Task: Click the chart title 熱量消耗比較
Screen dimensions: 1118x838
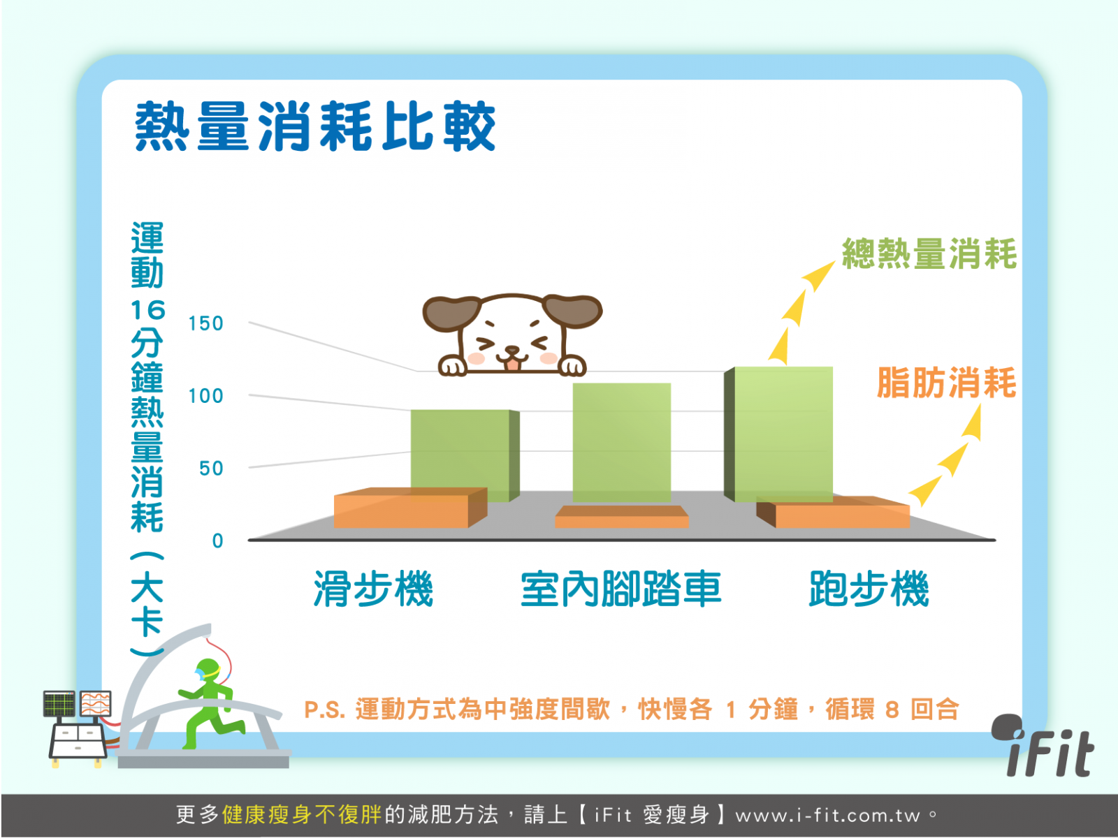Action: (314, 126)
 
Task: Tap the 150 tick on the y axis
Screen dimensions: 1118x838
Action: (205, 323)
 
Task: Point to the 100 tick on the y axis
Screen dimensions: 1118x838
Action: (205, 396)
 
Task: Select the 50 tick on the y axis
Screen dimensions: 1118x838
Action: (212, 468)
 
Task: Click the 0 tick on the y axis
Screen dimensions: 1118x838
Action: (217, 541)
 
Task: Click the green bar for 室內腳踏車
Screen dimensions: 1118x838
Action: (621, 443)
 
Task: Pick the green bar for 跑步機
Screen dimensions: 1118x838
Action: (778, 434)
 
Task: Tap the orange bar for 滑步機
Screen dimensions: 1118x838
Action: (411, 508)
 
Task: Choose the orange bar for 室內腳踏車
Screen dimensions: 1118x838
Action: (621, 517)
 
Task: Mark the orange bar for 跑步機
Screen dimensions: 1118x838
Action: (833, 513)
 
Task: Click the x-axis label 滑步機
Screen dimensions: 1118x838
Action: (373, 589)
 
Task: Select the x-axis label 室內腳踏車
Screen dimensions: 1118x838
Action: (621, 589)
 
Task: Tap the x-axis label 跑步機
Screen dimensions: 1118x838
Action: (869, 589)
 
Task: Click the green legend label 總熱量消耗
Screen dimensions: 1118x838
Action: (929, 253)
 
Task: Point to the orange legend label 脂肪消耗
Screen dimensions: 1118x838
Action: (946, 383)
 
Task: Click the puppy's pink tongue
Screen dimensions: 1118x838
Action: (512, 365)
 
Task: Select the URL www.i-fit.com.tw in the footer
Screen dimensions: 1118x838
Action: (828, 816)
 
